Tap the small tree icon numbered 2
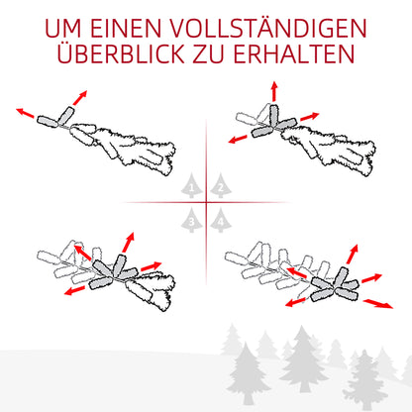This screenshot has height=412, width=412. click(x=220, y=188)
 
